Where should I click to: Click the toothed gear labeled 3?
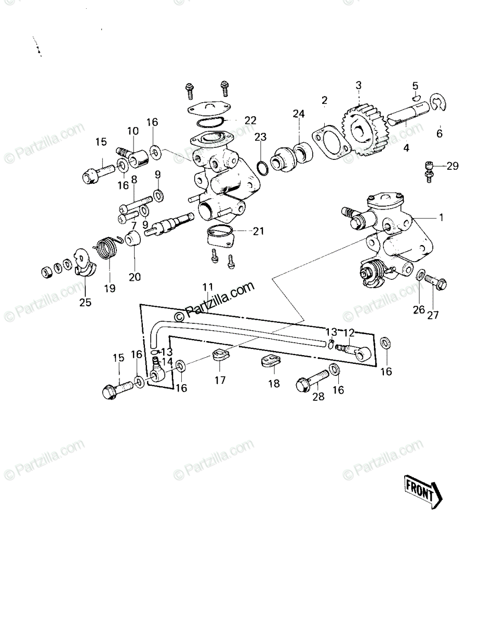pyautogui.click(x=363, y=130)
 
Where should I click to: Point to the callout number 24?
pyautogui.click(x=299, y=114)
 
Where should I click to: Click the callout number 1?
pyautogui.click(x=441, y=218)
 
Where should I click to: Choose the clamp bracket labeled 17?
pyautogui.click(x=220, y=355)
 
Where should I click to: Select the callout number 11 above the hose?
pyautogui.click(x=208, y=287)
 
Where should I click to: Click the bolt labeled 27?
pyautogui.click(x=435, y=281)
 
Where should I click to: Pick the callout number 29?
pyautogui.click(x=453, y=166)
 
